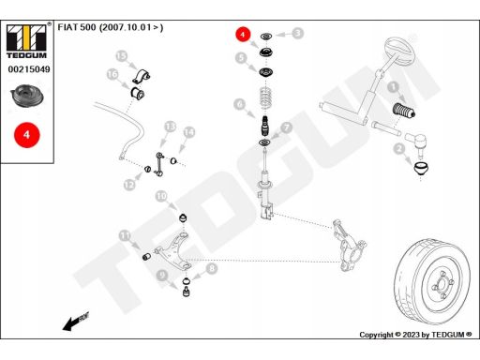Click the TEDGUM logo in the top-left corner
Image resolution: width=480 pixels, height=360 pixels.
coord(26,40)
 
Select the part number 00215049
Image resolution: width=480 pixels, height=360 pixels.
coord(29,69)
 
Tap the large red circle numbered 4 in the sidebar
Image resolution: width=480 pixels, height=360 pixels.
coord(27,135)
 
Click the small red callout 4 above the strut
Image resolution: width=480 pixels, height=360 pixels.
coord(243,34)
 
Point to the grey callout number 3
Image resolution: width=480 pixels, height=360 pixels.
coord(298,33)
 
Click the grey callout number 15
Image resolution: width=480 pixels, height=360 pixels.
coord(121,56)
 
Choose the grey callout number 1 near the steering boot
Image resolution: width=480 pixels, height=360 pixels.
coord(393,87)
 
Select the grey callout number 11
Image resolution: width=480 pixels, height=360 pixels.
coord(125,235)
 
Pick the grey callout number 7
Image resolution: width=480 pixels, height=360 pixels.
coord(286,127)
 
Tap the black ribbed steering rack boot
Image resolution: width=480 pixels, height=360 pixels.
coord(403,111)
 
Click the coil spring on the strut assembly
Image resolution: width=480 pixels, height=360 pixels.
coord(265,98)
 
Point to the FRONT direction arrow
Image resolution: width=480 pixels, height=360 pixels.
coord(76,322)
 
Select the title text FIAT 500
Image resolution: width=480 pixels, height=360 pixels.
coord(77,27)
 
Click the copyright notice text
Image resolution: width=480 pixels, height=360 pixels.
coord(415,335)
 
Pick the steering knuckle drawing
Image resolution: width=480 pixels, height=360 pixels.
coord(349,245)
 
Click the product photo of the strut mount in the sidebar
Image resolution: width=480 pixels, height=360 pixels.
coord(27,96)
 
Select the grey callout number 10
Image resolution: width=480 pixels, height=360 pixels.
coord(161,196)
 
